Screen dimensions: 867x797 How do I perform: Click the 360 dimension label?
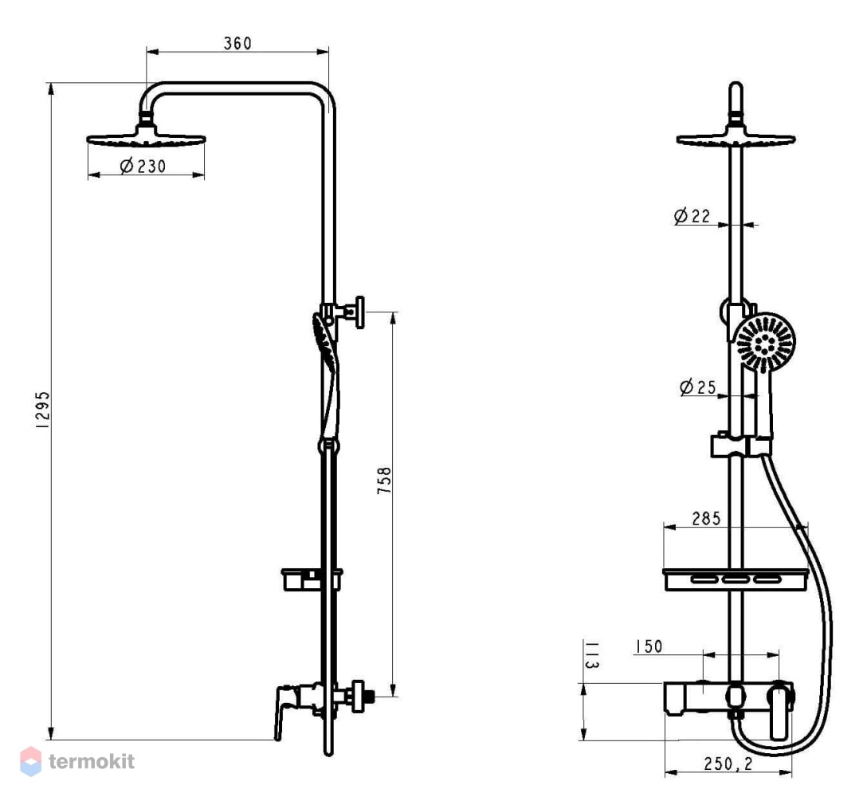(x=237, y=43)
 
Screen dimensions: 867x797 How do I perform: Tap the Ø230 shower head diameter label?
(x=143, y=165)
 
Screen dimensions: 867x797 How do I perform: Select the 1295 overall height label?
(x=42, y=410)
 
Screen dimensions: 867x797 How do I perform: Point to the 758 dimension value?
(x=384, y=480)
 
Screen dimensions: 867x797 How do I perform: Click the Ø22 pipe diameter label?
(x=692, y=215)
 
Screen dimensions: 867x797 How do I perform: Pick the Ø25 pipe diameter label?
(x=697, y=387)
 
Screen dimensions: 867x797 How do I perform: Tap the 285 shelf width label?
(x=706, y=518)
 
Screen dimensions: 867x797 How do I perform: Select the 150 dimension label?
(x=649, y=646)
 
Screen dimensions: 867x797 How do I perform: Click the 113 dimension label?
(x=591, y=655)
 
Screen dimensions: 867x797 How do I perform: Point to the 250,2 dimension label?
(x=728, y=764)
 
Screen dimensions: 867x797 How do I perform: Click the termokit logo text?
(x=92, y=761)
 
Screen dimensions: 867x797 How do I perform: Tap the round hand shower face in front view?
(x=765, y=343)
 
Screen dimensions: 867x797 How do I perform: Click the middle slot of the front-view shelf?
(x=736, y=579)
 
